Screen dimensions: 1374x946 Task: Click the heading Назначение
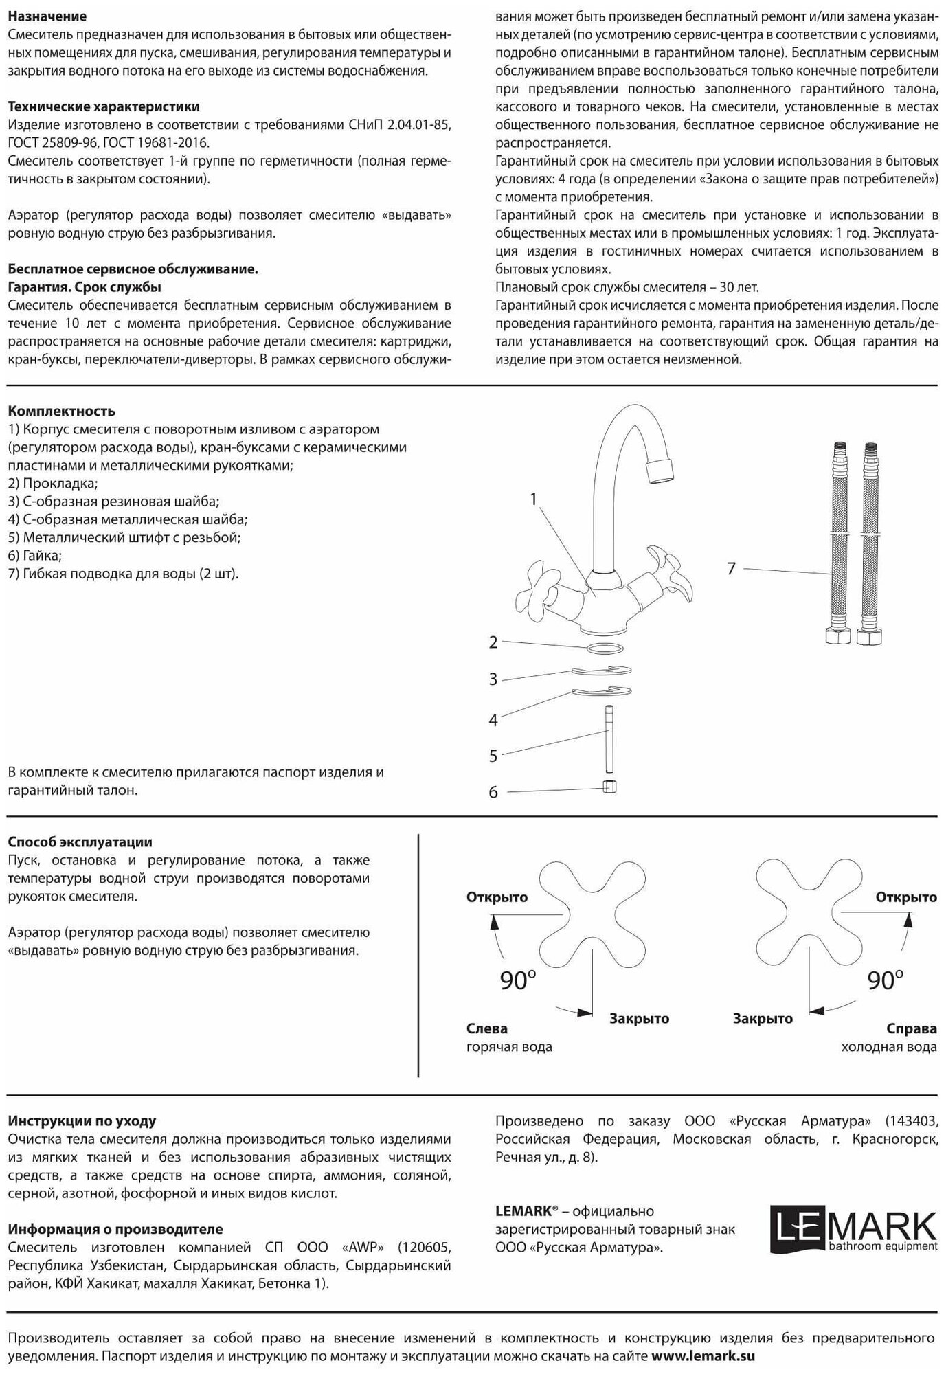47,16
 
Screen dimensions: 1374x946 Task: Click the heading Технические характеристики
104,106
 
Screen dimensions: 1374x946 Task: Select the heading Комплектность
62,412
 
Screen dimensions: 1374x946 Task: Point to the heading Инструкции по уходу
82,1121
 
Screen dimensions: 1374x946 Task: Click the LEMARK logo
853,1230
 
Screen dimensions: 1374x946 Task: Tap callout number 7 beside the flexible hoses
732,568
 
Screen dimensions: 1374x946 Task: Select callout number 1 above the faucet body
534,499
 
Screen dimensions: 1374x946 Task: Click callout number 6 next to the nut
493,792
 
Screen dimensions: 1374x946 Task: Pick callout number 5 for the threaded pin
493,756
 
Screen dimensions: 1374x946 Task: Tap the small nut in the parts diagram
609,787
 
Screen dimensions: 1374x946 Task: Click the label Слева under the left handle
487,1028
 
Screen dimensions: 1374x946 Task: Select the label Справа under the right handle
912,1028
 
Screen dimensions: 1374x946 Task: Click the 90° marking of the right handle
885,980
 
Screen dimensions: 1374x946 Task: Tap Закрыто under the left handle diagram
639,1018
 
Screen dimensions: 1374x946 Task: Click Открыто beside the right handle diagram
905,897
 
